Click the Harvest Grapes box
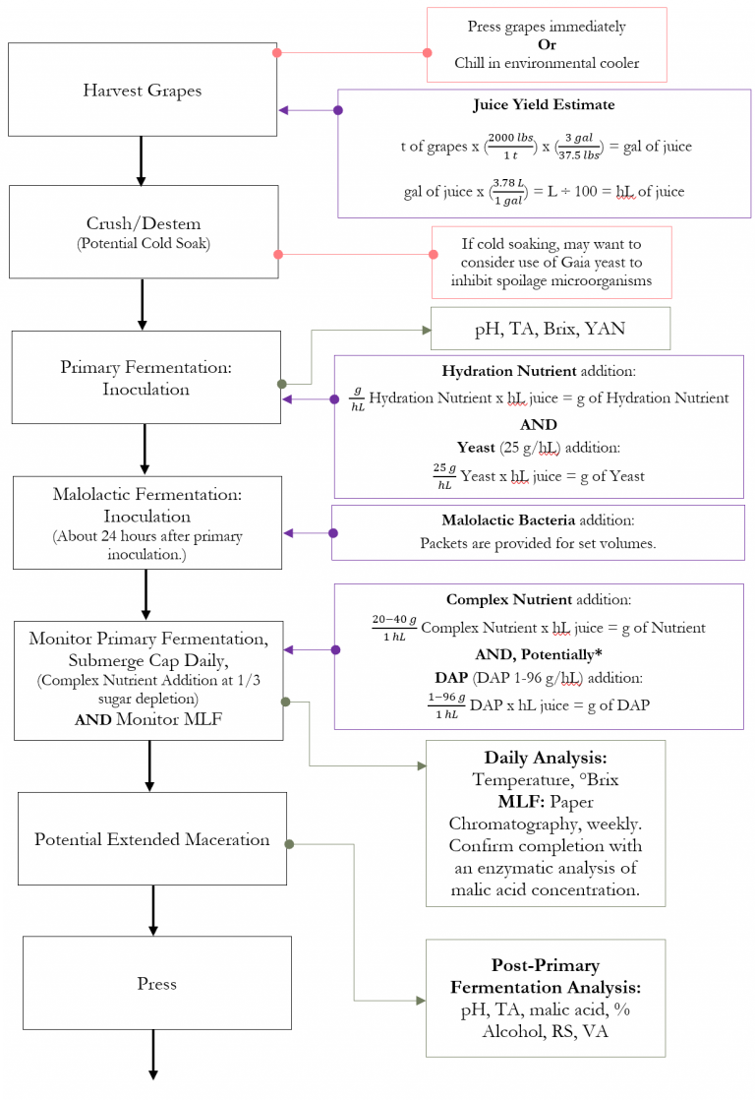pyautogui.click(x=143, y=91)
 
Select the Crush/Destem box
pyautogui.click(x=143, y=232)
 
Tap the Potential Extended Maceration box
pyautogui.click(x=152, y=839)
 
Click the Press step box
pyautogui.click(x=157, y=983)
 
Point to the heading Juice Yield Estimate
pyautogui.click(x=544, y=104)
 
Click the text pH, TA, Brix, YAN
pyautogui.click(x=550, y=329)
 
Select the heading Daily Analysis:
pyautogui.click(x=546, y=758)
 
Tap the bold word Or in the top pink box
pyautogui.click(x=547, y=45)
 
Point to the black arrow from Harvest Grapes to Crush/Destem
pyautogui.click(x=141, y=160)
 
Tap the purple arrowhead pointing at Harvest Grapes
pyautogui.click(x=284, y=110)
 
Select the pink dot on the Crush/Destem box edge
pyautogui.click(x=278, y=255)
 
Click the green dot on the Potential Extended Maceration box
pyautogui.click(x=289, y=844)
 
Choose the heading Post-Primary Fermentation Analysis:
pyautogui.click(x=545, y=976)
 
